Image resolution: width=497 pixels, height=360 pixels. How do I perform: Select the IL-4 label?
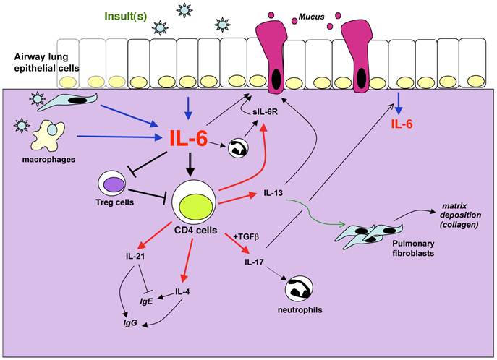coord(182,293)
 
